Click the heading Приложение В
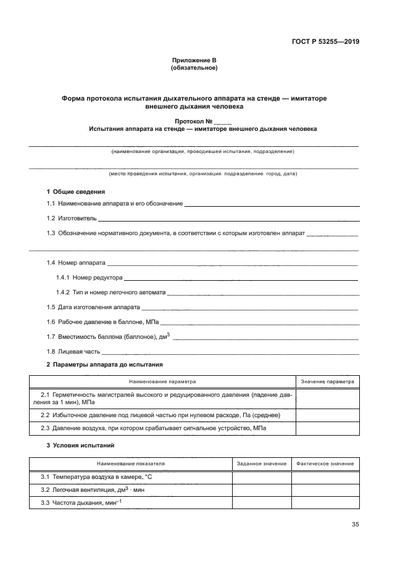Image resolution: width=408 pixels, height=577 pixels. click(x=194, y=60)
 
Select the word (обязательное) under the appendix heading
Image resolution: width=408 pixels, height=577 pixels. click(x=194, y=68)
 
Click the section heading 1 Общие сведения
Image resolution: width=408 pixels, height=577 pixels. click(x=76, y=191)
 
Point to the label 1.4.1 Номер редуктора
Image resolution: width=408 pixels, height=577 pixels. click(x=90, y=277)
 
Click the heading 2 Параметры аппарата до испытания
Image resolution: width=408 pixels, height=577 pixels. click(x=104, y=365)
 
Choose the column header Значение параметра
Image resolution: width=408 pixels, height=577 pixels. click(x=328, y=381)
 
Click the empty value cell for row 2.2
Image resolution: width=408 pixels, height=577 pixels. click(x=328, y=415)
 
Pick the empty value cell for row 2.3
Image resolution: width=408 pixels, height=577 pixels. click(x=328, y=428)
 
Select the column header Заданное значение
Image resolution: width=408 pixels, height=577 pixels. click(x=262, y=463)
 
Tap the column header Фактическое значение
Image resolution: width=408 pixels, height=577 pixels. click(x=325, y=463)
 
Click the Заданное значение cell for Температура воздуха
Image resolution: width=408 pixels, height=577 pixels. click(x=262, y=477)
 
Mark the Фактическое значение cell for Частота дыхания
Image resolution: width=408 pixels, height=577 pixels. click(x=325, y=502)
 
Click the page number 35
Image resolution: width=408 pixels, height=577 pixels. click(x=355, y=525)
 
